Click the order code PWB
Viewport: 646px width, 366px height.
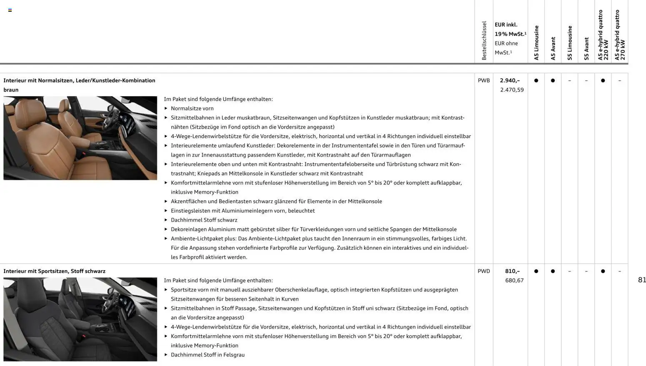click(483, 80)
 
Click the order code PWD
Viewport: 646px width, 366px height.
click(483, 271)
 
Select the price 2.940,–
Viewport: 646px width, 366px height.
click(510, 80)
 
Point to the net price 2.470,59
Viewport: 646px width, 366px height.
click(512, 90)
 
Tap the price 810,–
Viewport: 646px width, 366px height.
click(512, 271)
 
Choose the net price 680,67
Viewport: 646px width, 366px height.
click(514, 281)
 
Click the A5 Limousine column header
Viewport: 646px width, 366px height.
click(536, 42)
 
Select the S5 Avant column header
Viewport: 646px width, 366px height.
click(586, 48)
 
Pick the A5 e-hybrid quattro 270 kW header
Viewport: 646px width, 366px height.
click(620, 35)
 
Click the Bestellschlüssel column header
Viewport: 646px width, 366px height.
click(484, 40)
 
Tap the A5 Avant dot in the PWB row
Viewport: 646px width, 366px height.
click(553, 80)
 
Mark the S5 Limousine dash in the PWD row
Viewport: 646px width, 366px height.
click(569, 271)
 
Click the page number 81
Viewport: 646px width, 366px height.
click(642, 280)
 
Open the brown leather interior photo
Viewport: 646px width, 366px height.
click(80, 138)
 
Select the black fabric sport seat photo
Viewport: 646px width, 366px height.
click(80, 319)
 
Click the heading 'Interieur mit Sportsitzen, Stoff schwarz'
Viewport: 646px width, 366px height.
click(54, 271)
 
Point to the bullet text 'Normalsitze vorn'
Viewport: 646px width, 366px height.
click(192, 108)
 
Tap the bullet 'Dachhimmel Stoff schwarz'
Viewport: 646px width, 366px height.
click(204, 220)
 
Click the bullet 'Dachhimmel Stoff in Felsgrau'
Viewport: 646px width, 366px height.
click(208, 355)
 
